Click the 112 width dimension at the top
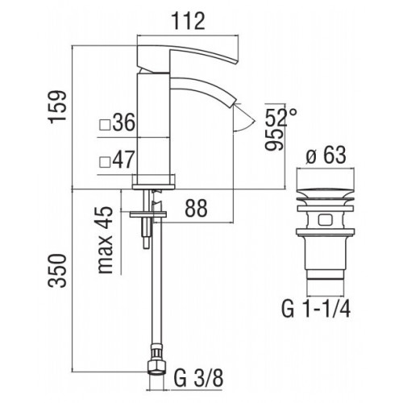click(x=189, y=21)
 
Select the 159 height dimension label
click(x=57, y=107)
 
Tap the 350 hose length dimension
click(x=57, y=271)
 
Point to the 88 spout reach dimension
click(x=197, y=208)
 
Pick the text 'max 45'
click(x=105, y=240)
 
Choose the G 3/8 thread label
click(x=198, y=379)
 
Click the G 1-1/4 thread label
click(x=316, y=310)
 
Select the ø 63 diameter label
click(x=326, y=156)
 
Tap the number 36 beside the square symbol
click(x=123, y=123)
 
